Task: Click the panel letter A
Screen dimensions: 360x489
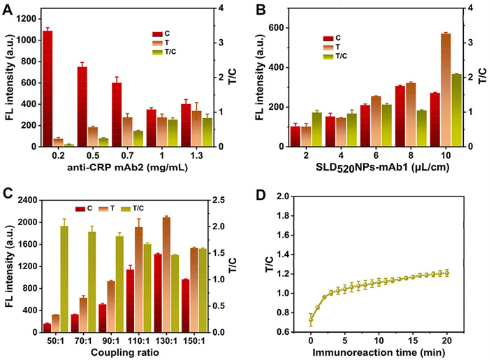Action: pyautogui.click(x=8, y=9)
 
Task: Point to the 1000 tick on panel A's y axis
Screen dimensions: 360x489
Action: pyautogui.click(x=27, y=40)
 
